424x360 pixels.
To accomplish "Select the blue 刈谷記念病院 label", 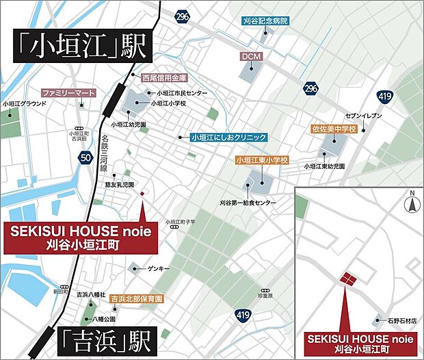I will click(x=265, y=21).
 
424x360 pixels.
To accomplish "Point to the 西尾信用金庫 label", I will click(x=164, y=78).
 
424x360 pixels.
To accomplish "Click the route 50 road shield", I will click(x=85, y=158).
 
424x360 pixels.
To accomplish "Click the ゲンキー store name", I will click(x=158, y=269).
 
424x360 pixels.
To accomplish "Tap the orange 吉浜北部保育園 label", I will click(x=137, y=299).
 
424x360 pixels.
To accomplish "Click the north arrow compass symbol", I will click(x=412, y=203).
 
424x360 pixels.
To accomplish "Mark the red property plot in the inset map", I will click(x=349, y=279).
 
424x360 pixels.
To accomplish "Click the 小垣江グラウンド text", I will click(x=25, y=103).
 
